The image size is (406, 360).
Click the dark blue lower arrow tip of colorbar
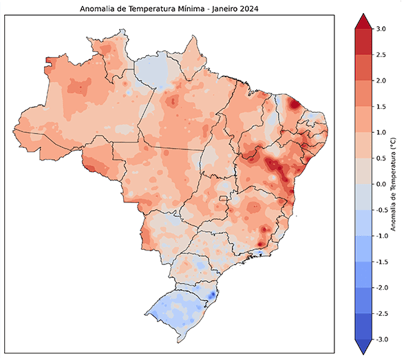tap(363, 346)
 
